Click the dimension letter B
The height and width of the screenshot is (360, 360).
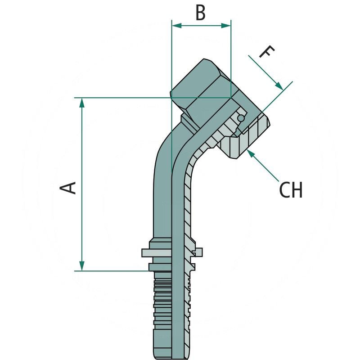pyautogui.click(x=200, y=13)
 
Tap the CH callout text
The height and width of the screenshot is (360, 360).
pyautogui.click(x=291, y=190)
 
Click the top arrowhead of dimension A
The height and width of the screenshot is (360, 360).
pyautogui.click(x=81, y=102)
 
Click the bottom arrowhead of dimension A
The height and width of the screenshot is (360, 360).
pyautogui.click(x=81, y=266)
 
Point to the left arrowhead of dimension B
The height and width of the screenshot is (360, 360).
pyautogui.click(x=176, y=26)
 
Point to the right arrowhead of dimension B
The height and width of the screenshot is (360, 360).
pyautogui.click(x=227, y=26)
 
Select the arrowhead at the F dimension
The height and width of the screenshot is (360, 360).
pyautogui.click(x=280, y=86)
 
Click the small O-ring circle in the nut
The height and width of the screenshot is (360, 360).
pyautogui.click(x=242, y=118)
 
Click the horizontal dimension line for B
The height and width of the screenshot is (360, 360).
pyautogui.click(x=201, y=26)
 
